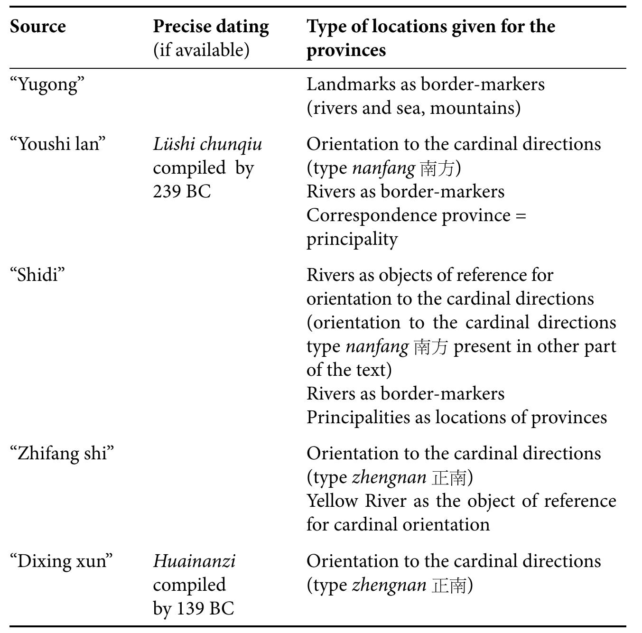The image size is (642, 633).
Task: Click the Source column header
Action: (x=38, y=27)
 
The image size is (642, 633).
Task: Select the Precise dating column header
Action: (x=211, y=27)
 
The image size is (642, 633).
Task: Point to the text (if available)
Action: (x=201, y=50)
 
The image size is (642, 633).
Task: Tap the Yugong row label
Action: (x=47, y=85)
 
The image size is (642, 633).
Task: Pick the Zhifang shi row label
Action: (x=62, y=453)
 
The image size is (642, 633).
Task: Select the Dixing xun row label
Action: (x=62, y=561)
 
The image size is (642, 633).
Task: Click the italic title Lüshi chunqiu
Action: (x=207, y=144)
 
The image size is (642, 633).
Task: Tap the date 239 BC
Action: (x=182, y=191)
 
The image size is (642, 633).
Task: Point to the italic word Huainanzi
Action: (x=194, y=561)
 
